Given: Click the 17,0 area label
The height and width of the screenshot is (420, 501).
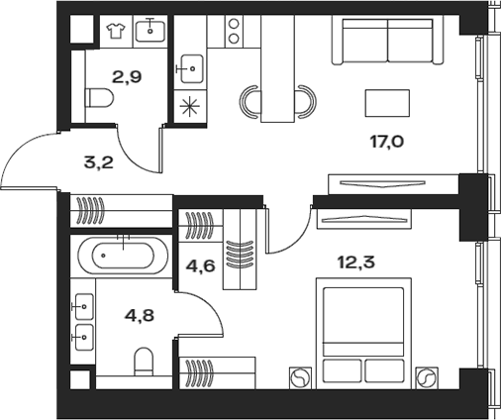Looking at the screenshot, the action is click(387, 142).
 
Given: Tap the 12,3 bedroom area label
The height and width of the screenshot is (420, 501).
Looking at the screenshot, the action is click(356, 262).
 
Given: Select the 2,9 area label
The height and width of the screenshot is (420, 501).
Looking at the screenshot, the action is click(127, 77).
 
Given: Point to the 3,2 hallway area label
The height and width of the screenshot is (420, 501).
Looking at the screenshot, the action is click(99, 162).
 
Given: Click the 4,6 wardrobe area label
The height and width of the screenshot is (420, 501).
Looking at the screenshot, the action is click(201, 265).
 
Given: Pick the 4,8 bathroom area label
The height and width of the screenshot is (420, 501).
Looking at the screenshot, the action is click(140, 315).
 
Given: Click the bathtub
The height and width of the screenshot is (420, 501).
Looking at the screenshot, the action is click(123, 256).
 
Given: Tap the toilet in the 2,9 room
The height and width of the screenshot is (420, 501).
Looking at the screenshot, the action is click(99, 98).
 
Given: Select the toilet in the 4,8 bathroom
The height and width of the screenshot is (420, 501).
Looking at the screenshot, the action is click(144, 362).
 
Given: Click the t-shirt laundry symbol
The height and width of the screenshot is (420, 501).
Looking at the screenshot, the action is click(116, 31).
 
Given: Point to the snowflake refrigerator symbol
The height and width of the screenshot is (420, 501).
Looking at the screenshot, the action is click(190, 107).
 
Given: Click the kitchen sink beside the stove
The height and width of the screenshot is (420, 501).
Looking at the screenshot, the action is click(191, 68).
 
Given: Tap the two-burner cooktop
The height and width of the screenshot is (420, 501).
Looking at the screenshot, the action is click(234, 32).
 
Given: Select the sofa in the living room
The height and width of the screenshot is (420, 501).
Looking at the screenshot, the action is click(387, 41).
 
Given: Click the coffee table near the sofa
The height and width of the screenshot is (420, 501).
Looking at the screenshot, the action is click(387, 103).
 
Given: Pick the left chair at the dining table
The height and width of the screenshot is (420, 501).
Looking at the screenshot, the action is click(250, 102).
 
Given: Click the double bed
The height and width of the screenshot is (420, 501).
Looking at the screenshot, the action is click(363, 333).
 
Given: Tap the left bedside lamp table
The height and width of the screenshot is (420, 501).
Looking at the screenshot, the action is click(300, 377).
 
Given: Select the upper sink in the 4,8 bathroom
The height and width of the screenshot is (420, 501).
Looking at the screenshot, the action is click(83, 307).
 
